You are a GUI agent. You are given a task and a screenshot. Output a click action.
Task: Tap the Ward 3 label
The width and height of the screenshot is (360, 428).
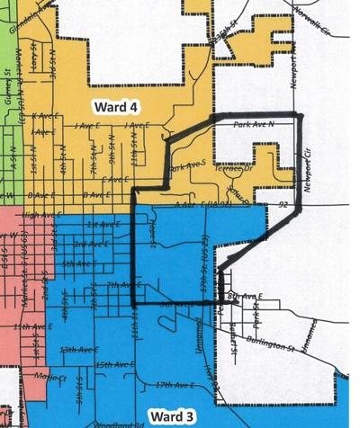pos(168,415)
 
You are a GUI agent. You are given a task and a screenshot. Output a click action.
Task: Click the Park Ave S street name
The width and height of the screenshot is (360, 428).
pos(188,166)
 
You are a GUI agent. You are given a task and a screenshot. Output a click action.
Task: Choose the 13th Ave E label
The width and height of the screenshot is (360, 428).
pos(76,349)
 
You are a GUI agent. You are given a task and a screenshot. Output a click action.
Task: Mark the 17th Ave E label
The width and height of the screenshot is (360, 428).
pos(175,385)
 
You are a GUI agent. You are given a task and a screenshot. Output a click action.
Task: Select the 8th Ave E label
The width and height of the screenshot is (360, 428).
pos(245,296)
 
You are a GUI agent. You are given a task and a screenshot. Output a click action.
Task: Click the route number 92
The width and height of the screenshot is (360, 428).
pos(283,206)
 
